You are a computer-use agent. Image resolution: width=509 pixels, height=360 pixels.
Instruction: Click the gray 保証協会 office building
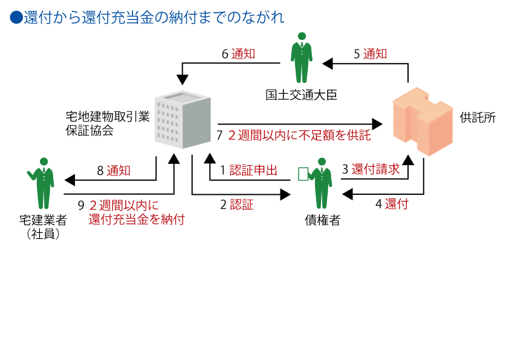[183, 120]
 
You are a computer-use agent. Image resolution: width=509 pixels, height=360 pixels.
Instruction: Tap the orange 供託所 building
[423, 121]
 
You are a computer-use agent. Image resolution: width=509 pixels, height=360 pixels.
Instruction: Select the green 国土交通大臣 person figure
[302, 57]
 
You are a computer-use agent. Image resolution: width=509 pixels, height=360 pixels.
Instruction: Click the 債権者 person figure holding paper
[320, 183]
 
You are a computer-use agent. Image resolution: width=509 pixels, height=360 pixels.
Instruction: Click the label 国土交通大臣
[302, 95]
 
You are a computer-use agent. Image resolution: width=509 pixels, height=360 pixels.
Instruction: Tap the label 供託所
[478, 117]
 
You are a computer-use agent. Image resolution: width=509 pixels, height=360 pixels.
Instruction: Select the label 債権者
[322, 220]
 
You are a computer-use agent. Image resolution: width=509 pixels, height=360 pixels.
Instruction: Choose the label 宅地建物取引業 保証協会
[108, 123]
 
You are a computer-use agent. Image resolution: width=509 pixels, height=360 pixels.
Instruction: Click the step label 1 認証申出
[248, 170]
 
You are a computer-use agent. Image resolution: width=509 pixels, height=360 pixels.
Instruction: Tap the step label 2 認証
[236, 205]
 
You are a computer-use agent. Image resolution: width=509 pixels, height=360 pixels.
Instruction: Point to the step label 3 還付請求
[371, 169]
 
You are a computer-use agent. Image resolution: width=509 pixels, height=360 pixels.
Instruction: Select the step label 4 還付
[392, 204]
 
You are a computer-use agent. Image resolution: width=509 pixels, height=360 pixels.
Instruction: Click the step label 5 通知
[370, 54]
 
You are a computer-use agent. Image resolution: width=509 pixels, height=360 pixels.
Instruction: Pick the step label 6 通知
[238, 54]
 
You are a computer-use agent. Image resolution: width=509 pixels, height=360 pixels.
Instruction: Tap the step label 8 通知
[114, 171]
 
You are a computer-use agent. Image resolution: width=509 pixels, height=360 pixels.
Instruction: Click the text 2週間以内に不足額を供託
[299, 135]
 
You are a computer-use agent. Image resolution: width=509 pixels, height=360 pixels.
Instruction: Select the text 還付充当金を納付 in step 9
[137, 219]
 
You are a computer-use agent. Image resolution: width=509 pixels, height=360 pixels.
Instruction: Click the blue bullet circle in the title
[16, 17]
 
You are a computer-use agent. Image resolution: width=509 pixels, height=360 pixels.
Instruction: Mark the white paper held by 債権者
[303, 174]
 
